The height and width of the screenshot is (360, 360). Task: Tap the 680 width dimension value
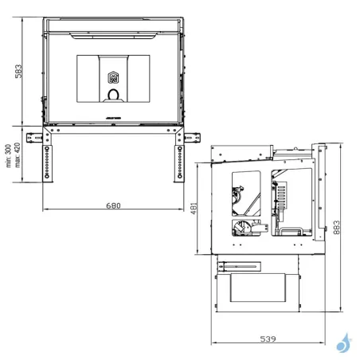pyautogui.click(x=112, y=205)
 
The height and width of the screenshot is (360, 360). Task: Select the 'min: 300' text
pyautogui.click(x=7, y=155)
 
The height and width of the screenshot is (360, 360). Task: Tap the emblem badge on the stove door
pyautogui.click(x=112, y=77)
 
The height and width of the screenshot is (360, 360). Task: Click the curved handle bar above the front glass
pyautogui.click(x=112, y=33)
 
